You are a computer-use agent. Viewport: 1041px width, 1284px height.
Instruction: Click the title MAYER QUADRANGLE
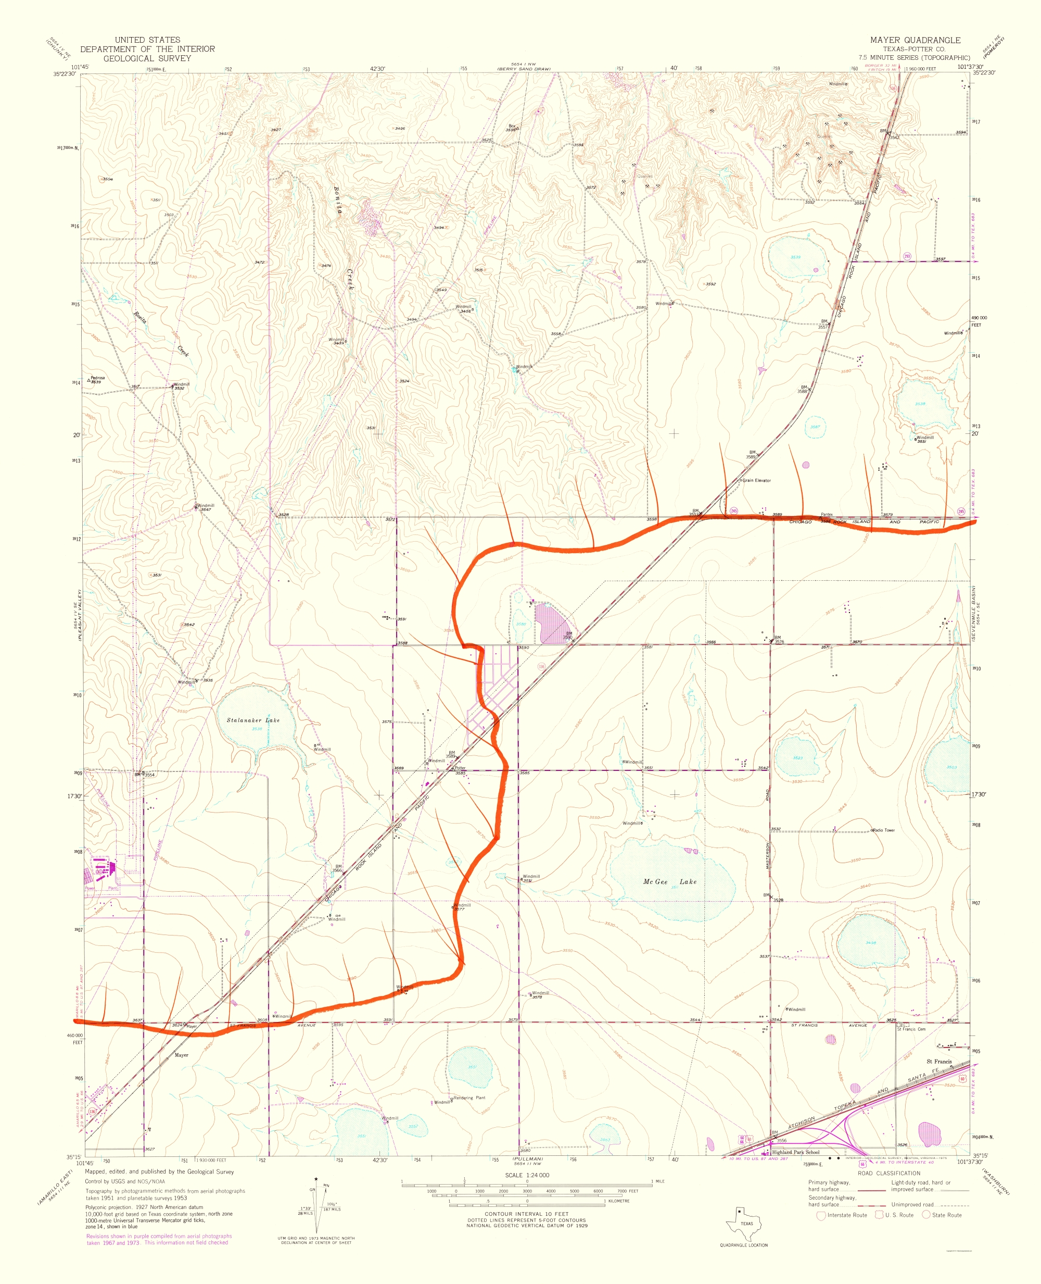(x=915, y=40)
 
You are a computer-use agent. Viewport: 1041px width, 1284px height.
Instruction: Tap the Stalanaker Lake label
(x=253, y=720)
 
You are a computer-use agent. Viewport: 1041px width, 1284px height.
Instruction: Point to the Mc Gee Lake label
(x=670, y=881)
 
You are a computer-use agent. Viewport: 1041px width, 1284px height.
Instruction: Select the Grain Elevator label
(x=757, y=481)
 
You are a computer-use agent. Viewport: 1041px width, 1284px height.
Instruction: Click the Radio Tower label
(x=884, y=830)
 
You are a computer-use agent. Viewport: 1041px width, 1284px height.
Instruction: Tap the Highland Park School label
(x=795, y=1152)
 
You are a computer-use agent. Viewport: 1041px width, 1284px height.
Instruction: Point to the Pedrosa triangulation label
(x=97, y=378)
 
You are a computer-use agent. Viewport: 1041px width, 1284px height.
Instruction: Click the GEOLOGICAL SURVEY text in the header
(x=147, y=59)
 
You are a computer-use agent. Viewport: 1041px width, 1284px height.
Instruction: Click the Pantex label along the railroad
(x=827, y=514)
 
